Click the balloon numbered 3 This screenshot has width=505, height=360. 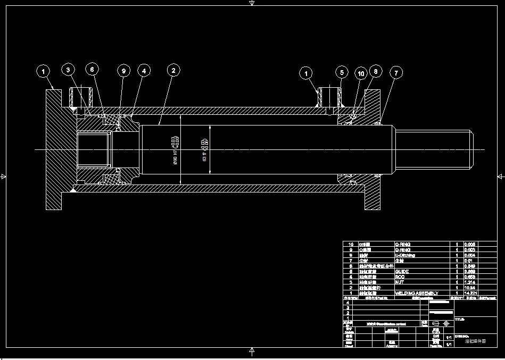68,70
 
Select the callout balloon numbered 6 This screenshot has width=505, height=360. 92,70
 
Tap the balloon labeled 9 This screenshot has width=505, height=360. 123,70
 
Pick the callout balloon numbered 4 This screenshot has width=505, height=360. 144,70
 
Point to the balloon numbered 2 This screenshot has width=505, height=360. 173,70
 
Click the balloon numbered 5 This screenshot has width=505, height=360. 342,72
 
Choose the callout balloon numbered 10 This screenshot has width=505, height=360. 361,74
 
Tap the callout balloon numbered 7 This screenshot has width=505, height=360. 395,72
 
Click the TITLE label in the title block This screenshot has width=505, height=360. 460,320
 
